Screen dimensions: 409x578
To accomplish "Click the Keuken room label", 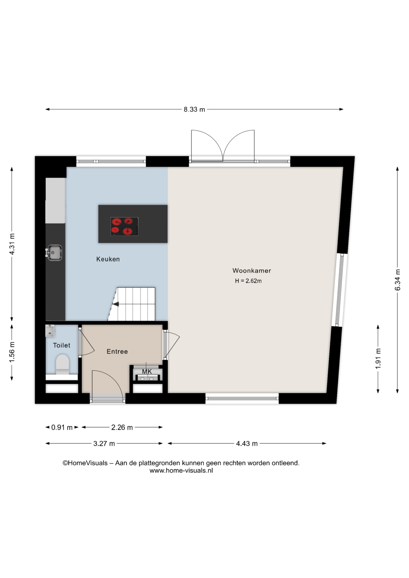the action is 108,259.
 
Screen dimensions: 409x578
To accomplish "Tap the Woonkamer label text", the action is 252,271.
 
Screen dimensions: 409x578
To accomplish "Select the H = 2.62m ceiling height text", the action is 248,281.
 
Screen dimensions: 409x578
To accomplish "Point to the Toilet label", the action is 61,345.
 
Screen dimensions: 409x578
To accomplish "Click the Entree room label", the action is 117,351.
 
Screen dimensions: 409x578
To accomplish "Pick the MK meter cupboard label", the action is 147,371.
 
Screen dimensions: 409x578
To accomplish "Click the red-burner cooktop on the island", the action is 124,226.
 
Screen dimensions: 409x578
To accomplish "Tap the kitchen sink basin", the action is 54,253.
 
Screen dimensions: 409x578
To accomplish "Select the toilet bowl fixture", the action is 62,364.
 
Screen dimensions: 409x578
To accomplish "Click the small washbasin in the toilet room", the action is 50,331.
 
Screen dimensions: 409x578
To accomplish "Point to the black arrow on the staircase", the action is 115,304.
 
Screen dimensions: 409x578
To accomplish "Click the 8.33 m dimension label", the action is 194,110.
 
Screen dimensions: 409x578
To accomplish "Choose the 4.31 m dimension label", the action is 12,244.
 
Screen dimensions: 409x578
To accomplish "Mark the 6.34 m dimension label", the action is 398,280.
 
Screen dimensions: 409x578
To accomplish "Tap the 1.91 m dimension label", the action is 378,359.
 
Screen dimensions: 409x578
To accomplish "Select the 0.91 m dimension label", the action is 62,427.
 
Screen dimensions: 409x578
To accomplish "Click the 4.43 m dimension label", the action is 247,443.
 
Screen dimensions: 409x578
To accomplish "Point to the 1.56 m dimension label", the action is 12,352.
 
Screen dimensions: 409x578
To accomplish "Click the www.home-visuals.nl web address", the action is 181,471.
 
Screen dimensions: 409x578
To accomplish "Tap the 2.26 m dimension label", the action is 122,427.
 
